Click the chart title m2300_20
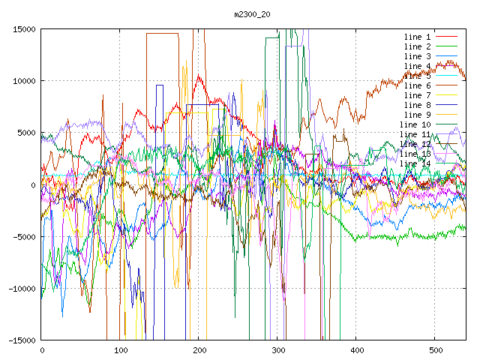tap(248, 14)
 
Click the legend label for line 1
tap(417, 37)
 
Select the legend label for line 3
tap(417, 56)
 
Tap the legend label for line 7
tap(417, 95)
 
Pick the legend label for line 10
tap(415, 124)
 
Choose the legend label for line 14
tap(415, 163)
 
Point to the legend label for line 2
tap(417, 46)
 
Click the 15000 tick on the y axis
tap(23, 29)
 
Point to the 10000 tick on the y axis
tap(23, 81)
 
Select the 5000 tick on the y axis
tap(25, 133)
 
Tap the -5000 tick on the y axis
tap(23, 236)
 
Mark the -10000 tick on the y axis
tap(21, 288)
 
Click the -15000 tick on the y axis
tap(21, 340)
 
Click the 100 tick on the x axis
tap(120, 350)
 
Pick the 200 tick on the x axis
tap(199, 350)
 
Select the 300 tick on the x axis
tap(277, 350)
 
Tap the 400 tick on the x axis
tap(356, 350)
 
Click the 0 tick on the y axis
tap(33, 184)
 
